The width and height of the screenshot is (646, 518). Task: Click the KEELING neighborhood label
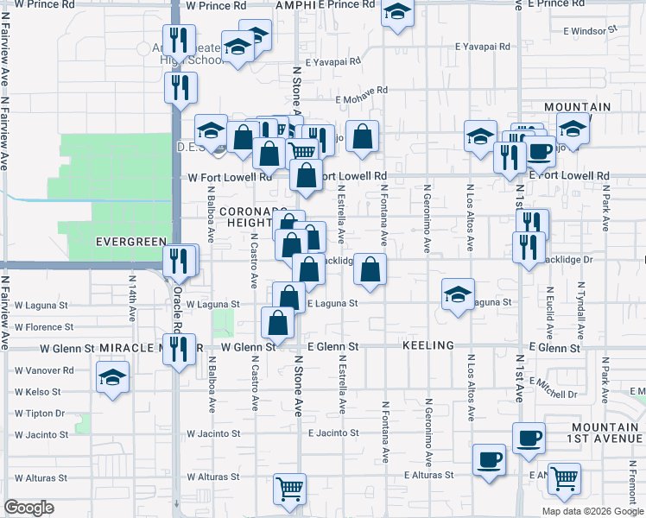(427, 345)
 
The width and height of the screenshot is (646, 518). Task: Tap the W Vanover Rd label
(44, 370)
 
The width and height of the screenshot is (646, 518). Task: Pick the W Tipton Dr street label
(41, 413)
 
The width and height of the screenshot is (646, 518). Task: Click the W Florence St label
(44, 327)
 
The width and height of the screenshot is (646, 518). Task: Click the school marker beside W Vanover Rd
(112, 380)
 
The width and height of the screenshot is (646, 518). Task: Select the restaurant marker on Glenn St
(179, 349)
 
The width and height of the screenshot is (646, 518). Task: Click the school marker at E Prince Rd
(397, 13)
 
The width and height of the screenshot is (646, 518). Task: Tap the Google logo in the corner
(28, 508)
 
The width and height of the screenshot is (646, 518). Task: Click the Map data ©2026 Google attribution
(593, 511)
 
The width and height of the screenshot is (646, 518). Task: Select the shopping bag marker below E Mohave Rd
(363, 136)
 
